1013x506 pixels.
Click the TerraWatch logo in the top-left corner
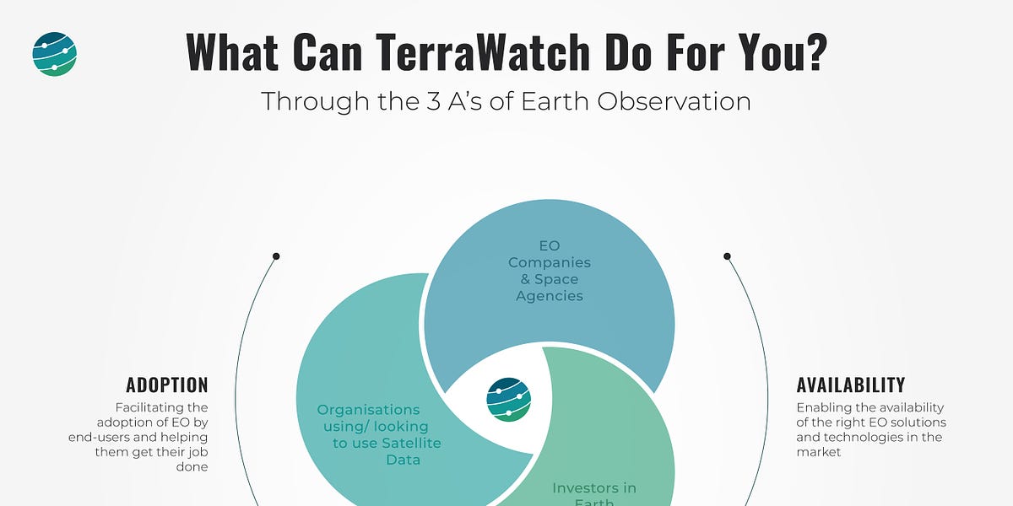point(55,54)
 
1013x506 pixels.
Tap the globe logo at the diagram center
point(509,398)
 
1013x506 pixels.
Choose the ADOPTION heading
point(167,385)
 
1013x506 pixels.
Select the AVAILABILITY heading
point(851,385)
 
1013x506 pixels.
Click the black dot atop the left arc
point(276,256)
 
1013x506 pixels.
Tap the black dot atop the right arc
point(727,256)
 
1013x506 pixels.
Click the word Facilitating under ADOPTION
point(161,407)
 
